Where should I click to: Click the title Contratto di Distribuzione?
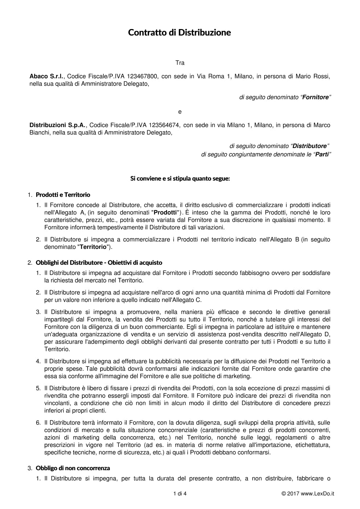[x=179, y=33]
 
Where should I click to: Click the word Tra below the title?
[x=180, y=63]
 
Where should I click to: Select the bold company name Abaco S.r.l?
[x=46, y=76]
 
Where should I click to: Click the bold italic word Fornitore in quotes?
[x=315, y=97]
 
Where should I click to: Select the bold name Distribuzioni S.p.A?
[x=57, y=125]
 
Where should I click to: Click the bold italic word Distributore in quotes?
[x=310, y=146]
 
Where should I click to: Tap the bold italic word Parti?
[x=322, y=155]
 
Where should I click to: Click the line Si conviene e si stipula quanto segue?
[x=180, y=178]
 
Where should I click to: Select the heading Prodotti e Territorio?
[x=63, y=195]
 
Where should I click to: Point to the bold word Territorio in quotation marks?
[x=93, y=247]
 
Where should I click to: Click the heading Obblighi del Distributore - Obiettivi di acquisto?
[x=99, y=263]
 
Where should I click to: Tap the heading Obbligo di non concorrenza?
[x=73, y=468]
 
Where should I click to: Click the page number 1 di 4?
[x=180, y=493]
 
